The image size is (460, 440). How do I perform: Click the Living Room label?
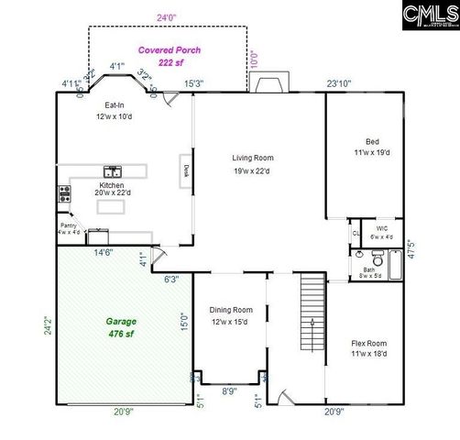[x=252, y=163]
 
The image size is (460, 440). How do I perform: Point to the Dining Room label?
[x=231, y=315]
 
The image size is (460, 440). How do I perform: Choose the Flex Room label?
[x=369, y=348]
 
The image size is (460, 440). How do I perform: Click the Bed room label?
[x=372, y=147]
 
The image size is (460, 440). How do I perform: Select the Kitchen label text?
[x=112, y=190]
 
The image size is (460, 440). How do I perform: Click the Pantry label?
[x=68, y=227]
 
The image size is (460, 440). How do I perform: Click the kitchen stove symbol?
[x=65, y=193]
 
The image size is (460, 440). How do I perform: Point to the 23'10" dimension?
[x=339, y=84]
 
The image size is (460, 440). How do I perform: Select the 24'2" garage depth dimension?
[x=49, y=325]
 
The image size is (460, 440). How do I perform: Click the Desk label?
[x=185, y=170]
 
